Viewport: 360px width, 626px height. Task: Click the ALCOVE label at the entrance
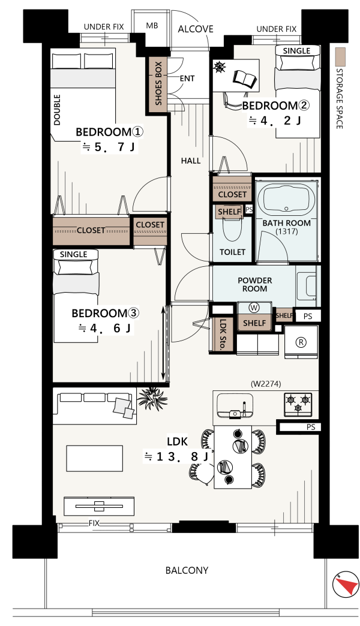click(196, 29)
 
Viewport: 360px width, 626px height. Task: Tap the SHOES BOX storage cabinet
click(158, 83)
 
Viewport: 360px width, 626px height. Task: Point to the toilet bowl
click(232, 228)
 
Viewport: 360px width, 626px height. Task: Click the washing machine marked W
click(254, 308)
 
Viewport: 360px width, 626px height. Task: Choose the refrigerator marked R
click(301, 342)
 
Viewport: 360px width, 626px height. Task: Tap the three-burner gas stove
click(298, 404)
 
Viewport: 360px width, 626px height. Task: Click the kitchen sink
click(235, 405)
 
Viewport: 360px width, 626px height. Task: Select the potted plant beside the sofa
click(152, 398)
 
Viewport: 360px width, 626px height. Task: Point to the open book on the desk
click(245, 78)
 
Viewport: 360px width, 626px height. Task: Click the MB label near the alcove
click(152, 26)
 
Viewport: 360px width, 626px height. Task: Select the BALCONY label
click(187, 570)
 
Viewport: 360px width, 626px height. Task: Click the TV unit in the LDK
click(99, 506)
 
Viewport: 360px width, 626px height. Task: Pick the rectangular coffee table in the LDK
click(95, 458)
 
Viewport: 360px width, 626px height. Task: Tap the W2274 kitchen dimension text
click(266, 384)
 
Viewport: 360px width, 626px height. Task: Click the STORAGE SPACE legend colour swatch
click(340, 57)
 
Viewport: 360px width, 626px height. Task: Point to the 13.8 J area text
click(176, 456)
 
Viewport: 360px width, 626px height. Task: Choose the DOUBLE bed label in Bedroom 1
click(57, 110)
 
